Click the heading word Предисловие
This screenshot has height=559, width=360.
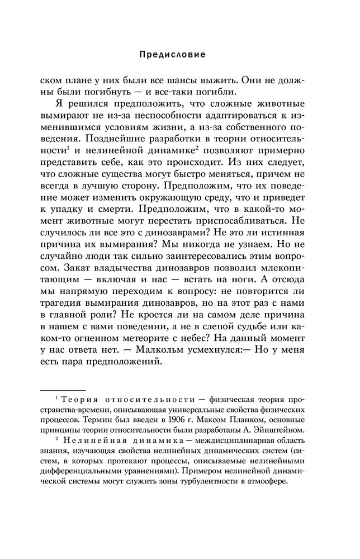pyautogui.click(x=172, y=55)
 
